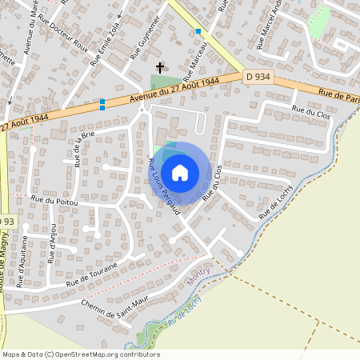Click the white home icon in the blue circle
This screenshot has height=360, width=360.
181,172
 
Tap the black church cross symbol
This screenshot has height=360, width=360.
160,68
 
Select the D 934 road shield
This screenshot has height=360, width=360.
258,76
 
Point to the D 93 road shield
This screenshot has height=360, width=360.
6,222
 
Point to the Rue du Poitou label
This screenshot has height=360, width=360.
54,202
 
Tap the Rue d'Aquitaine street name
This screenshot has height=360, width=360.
25,250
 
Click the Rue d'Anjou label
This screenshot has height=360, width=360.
54,249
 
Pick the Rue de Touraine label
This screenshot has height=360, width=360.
92,274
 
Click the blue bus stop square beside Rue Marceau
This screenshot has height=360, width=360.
198,31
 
